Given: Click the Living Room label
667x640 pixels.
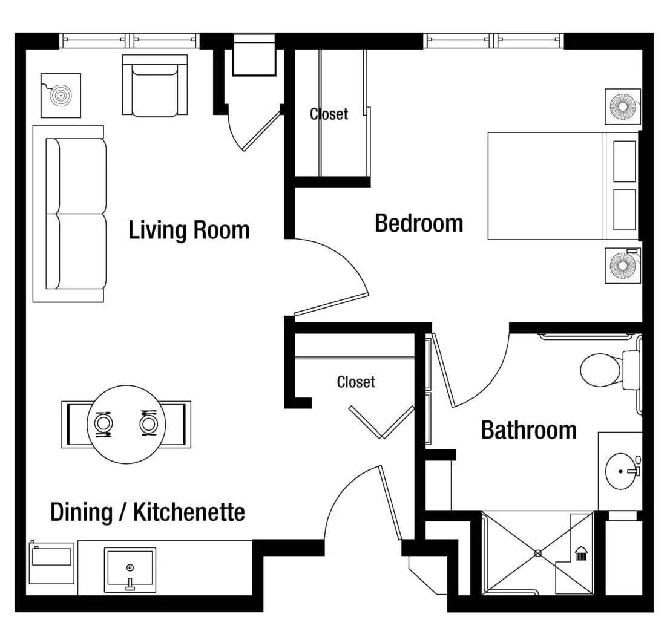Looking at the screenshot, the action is coord(189,230).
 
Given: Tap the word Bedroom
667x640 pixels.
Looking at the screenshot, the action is coord(419,224).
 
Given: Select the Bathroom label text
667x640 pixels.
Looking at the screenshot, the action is coord(529,430).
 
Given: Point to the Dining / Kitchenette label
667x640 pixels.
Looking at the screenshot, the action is coord(148,512).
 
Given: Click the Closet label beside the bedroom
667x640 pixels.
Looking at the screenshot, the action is coord(329,114).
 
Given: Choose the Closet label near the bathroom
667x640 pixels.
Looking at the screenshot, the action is coord(356,382).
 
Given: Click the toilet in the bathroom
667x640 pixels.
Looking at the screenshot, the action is coord(608,370).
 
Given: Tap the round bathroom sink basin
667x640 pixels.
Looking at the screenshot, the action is coord(622,471).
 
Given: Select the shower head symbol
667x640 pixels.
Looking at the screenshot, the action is coord(581,553).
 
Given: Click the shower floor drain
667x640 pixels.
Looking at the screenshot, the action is coord(537,553).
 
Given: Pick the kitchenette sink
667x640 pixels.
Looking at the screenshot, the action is coord(130,570).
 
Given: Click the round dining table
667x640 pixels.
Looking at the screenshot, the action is coord(126,425).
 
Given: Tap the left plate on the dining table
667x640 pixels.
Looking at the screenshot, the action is coord(103,423).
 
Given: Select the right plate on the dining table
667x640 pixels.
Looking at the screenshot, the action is coord(148,423).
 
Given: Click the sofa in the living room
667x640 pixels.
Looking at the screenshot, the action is coord(70,214).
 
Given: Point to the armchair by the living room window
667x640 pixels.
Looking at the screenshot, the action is coord(155,85).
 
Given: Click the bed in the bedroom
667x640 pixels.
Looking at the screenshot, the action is coord(563,186).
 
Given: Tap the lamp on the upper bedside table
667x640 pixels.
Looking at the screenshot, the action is coord(623,106).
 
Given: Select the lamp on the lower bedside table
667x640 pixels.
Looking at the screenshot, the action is coord(623,266).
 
